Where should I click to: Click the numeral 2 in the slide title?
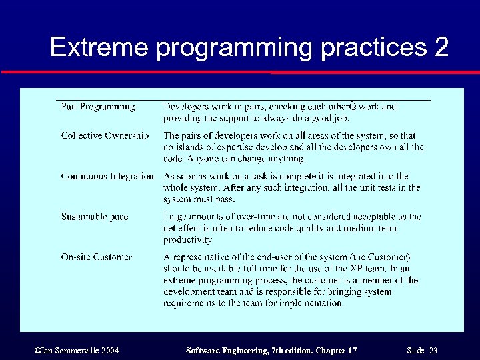439,47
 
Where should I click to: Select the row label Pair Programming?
97,107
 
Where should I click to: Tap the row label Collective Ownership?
105,135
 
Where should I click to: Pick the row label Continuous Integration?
107,176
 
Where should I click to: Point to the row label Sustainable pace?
95,217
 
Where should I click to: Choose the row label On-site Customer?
97,257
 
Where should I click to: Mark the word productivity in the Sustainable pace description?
187,239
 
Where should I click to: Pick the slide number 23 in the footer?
433,351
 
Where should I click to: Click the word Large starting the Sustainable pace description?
175,217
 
